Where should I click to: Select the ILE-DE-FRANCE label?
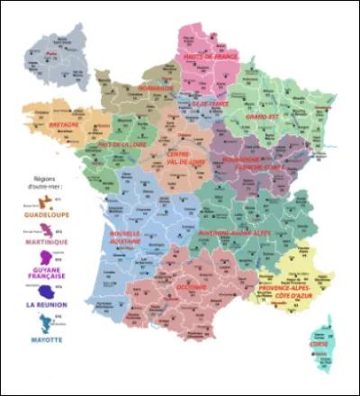tap(204, 102)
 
